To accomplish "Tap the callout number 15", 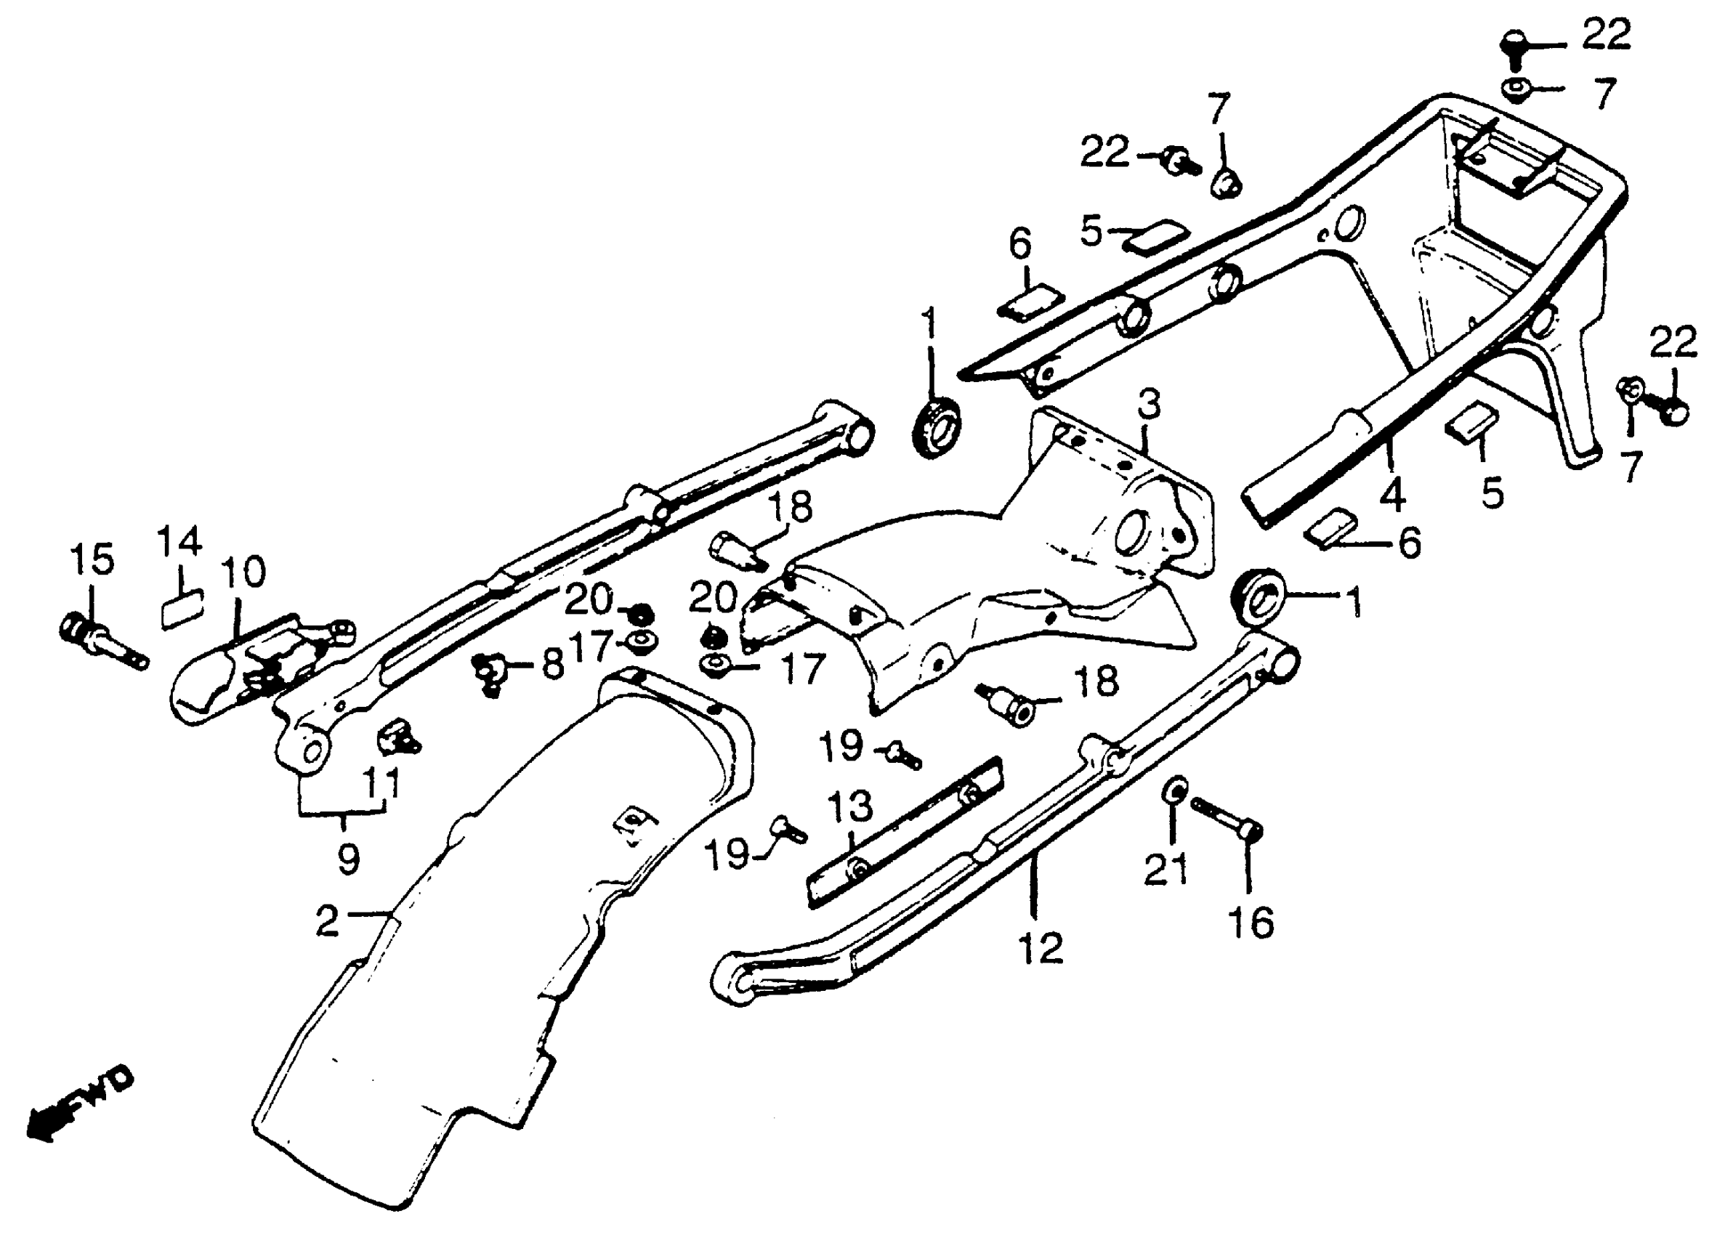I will [92, 560].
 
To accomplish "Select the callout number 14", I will [179, 541].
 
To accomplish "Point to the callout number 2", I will [327, 922].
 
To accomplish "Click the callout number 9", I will [347, 859].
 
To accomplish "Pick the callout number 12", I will [1041, 948].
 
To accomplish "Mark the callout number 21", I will [1166, 868].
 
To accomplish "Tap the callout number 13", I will [851, 806].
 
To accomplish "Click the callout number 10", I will [243, 572].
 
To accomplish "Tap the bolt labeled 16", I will [1225, 816].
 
